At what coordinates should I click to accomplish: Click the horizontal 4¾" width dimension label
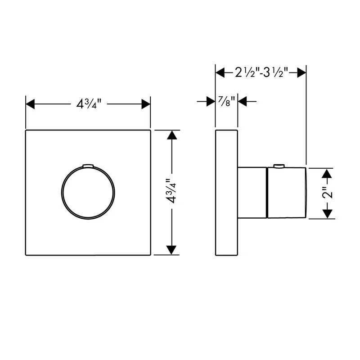click(88, 104)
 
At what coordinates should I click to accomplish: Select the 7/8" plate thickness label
click(226, 102)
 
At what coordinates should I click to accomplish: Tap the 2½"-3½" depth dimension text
click(261, 72)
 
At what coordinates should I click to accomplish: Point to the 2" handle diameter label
click(329, 193)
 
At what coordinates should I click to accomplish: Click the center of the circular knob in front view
click(88, 193)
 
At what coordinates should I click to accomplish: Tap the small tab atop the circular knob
click(88, 165)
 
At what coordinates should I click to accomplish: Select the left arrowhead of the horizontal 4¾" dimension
click(30, 104)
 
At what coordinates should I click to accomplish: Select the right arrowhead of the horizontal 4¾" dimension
click(146, 104)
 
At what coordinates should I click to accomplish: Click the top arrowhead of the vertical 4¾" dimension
click(171, 135)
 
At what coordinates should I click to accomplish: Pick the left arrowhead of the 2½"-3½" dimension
click(220, 72)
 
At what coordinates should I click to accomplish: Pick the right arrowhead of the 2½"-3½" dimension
click(302, 72)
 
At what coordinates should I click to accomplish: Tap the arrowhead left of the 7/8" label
click(210, 102)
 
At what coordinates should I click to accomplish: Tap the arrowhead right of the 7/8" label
click(243, 102)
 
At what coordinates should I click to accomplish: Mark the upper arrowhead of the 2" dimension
click(329, 173)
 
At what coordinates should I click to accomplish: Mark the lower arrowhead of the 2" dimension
click(329, 214)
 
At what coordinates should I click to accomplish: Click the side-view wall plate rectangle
click(226, 193)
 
